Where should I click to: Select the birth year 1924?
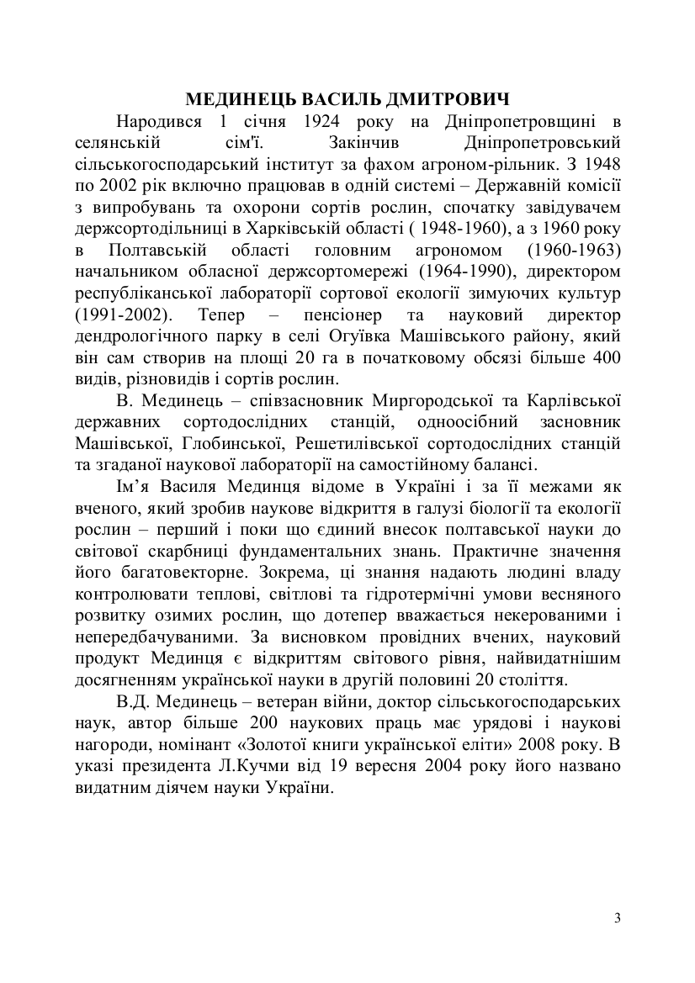326,122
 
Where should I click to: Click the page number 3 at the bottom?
618,917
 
